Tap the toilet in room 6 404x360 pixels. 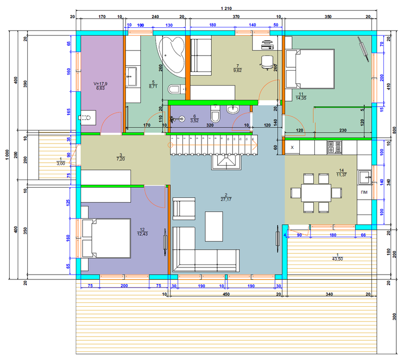coord(215,117)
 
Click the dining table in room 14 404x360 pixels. coord(316,193)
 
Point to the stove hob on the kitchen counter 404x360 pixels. coord(335,147)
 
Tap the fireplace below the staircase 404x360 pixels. coord(225,162)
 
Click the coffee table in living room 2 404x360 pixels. coord(214,226)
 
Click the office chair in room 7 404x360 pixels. coord(266,61)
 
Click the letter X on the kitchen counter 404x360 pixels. coord(293,147)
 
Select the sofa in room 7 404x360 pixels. coord(201,57)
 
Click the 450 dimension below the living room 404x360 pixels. coord(225,294)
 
